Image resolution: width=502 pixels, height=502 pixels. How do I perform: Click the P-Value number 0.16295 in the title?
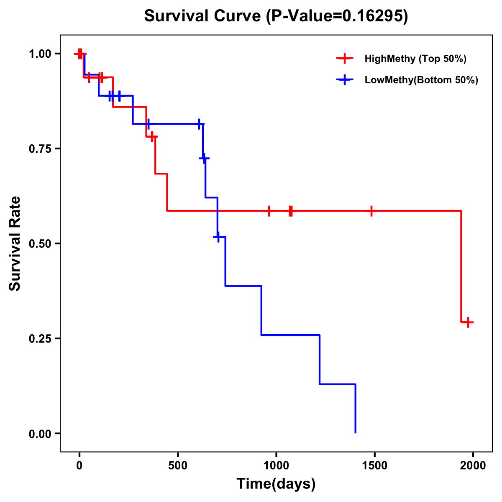(373, 16)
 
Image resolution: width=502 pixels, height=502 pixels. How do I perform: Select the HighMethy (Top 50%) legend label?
(415, 59)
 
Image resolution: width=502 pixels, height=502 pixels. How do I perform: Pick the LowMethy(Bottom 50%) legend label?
(421, 80)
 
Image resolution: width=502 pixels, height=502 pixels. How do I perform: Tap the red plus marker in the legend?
(344, 59)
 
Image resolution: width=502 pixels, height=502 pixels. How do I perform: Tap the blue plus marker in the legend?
(344, 80)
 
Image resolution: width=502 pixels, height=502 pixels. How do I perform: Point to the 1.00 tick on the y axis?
(40, 54)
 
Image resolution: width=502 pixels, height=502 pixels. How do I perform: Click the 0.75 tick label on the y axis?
(40, 149)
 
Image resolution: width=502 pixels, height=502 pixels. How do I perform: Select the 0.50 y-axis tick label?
(40, 244)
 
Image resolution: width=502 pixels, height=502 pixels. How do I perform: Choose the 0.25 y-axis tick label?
(40, 339)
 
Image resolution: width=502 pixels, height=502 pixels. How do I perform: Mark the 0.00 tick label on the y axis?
(40, 434)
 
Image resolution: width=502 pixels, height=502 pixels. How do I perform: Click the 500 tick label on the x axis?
(178, 466)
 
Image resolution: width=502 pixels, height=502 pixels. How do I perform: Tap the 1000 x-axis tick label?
(276, 466)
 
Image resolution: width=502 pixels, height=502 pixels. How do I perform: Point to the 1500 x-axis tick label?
(374, 466)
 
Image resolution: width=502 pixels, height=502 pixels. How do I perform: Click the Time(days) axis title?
(276, 484)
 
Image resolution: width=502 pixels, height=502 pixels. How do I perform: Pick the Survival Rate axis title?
(15, 243)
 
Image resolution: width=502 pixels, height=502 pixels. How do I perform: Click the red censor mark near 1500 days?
(371, 211)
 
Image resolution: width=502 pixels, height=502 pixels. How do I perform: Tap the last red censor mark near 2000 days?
(469, 322)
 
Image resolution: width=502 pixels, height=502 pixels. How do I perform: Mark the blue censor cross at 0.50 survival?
(218, 237)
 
